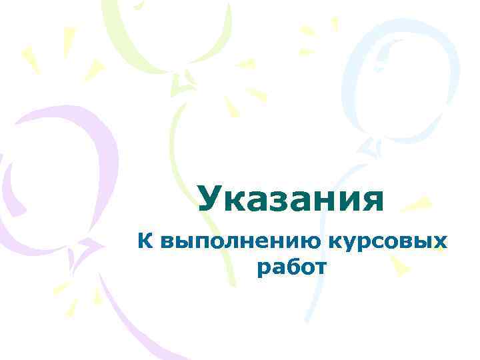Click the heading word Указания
point(291,199)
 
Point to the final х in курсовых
point(439,243)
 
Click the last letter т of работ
point(321,269)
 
